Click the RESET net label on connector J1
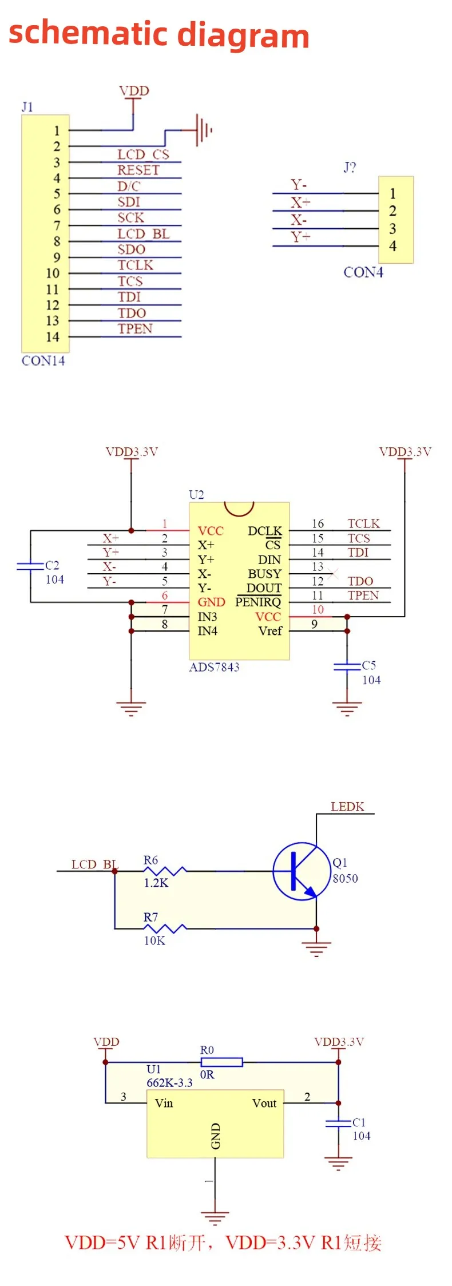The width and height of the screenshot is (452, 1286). [138, 170]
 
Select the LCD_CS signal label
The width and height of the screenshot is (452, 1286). [143, 154]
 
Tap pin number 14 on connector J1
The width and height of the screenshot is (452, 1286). [53, 337]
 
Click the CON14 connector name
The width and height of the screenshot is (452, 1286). [43, 361]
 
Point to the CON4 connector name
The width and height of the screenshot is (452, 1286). [363, 272]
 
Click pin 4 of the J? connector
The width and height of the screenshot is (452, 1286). [392, 246]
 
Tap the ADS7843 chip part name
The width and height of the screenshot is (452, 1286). [215, 667]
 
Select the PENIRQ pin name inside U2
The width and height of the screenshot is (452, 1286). [258, 602]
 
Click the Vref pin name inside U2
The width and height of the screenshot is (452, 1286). [270, 631]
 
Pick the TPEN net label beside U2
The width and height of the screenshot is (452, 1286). [363, 596]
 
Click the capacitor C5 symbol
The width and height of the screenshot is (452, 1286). [347, 666]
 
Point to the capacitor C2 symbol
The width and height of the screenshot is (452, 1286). [30, 566]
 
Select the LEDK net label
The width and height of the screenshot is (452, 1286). [347, 807]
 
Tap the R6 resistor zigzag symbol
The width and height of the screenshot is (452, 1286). [164, 871]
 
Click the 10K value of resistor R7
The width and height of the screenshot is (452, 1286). [154, 940]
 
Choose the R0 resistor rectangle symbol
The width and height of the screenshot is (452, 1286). [221, 1062]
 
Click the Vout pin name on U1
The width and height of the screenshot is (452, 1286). [264, 1103]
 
